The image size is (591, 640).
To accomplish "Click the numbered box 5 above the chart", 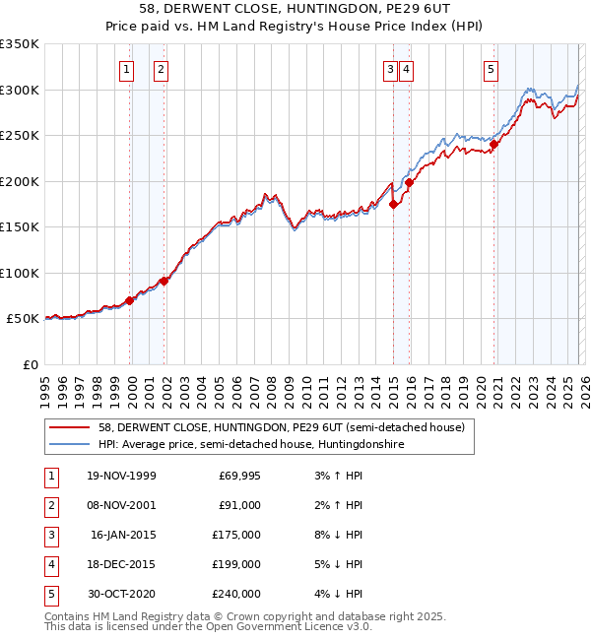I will [491, 69].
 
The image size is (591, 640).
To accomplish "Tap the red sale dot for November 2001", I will [164, 281].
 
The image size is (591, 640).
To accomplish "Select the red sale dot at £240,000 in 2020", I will [494, 145].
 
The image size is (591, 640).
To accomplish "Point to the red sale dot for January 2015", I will [393, 205].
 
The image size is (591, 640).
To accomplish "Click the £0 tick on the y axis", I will [30, 364].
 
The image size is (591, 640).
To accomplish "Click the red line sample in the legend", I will [69, 428].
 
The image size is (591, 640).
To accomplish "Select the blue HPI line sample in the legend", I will [69, 445].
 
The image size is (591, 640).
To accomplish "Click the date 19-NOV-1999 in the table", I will [121, 476].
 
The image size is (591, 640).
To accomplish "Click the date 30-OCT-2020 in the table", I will [121, 594].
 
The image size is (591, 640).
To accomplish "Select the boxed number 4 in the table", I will [50, 564].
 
